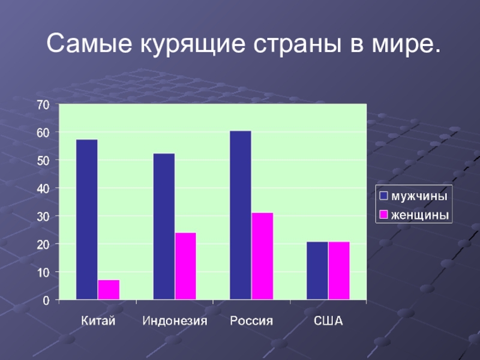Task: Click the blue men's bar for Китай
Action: tap(86, 219)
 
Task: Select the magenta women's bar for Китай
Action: tap(109, 289)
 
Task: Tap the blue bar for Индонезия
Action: tap(164, 226)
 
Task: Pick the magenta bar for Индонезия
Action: tap(185, 266)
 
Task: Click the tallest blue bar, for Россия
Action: tap(241, 215)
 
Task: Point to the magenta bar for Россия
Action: tap(262, 256)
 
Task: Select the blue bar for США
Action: tap(317, 270)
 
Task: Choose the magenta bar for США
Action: tap(339, 270)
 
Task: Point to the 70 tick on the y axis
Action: tap(43, 104)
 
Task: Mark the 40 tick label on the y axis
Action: tap(43, 188)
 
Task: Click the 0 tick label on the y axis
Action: tap(46, 300)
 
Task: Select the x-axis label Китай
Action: tap(98, 321)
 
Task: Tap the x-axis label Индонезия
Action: tap(175, 321)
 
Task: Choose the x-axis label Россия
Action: tap(251, 321)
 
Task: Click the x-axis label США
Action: tap(328, 321)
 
